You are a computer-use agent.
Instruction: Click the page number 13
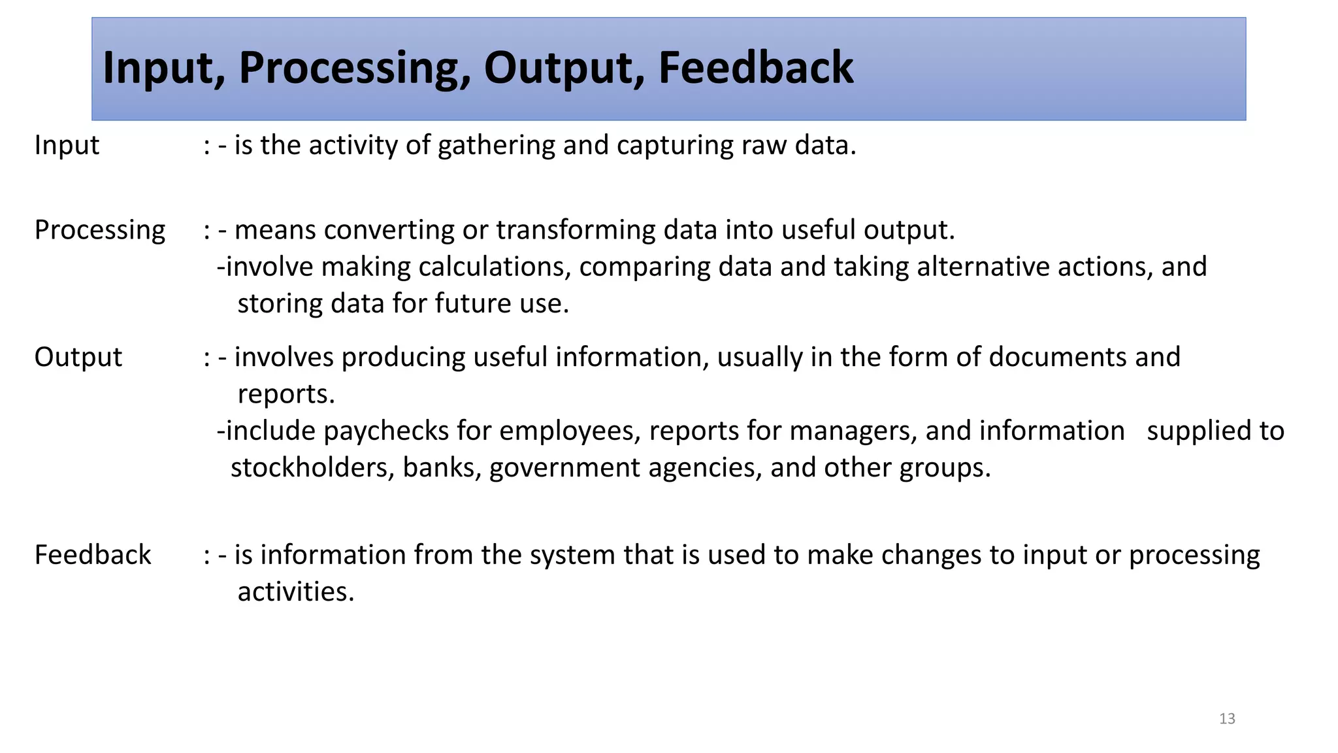coord(1227,719)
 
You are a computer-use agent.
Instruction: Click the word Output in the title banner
coord(563,68)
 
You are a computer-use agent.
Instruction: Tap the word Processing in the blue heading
coord(353,68)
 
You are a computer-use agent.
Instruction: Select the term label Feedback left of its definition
coord(93,555)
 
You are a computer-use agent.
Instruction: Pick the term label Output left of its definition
coord(78,358)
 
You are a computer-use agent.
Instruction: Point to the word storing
coord(280,304)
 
